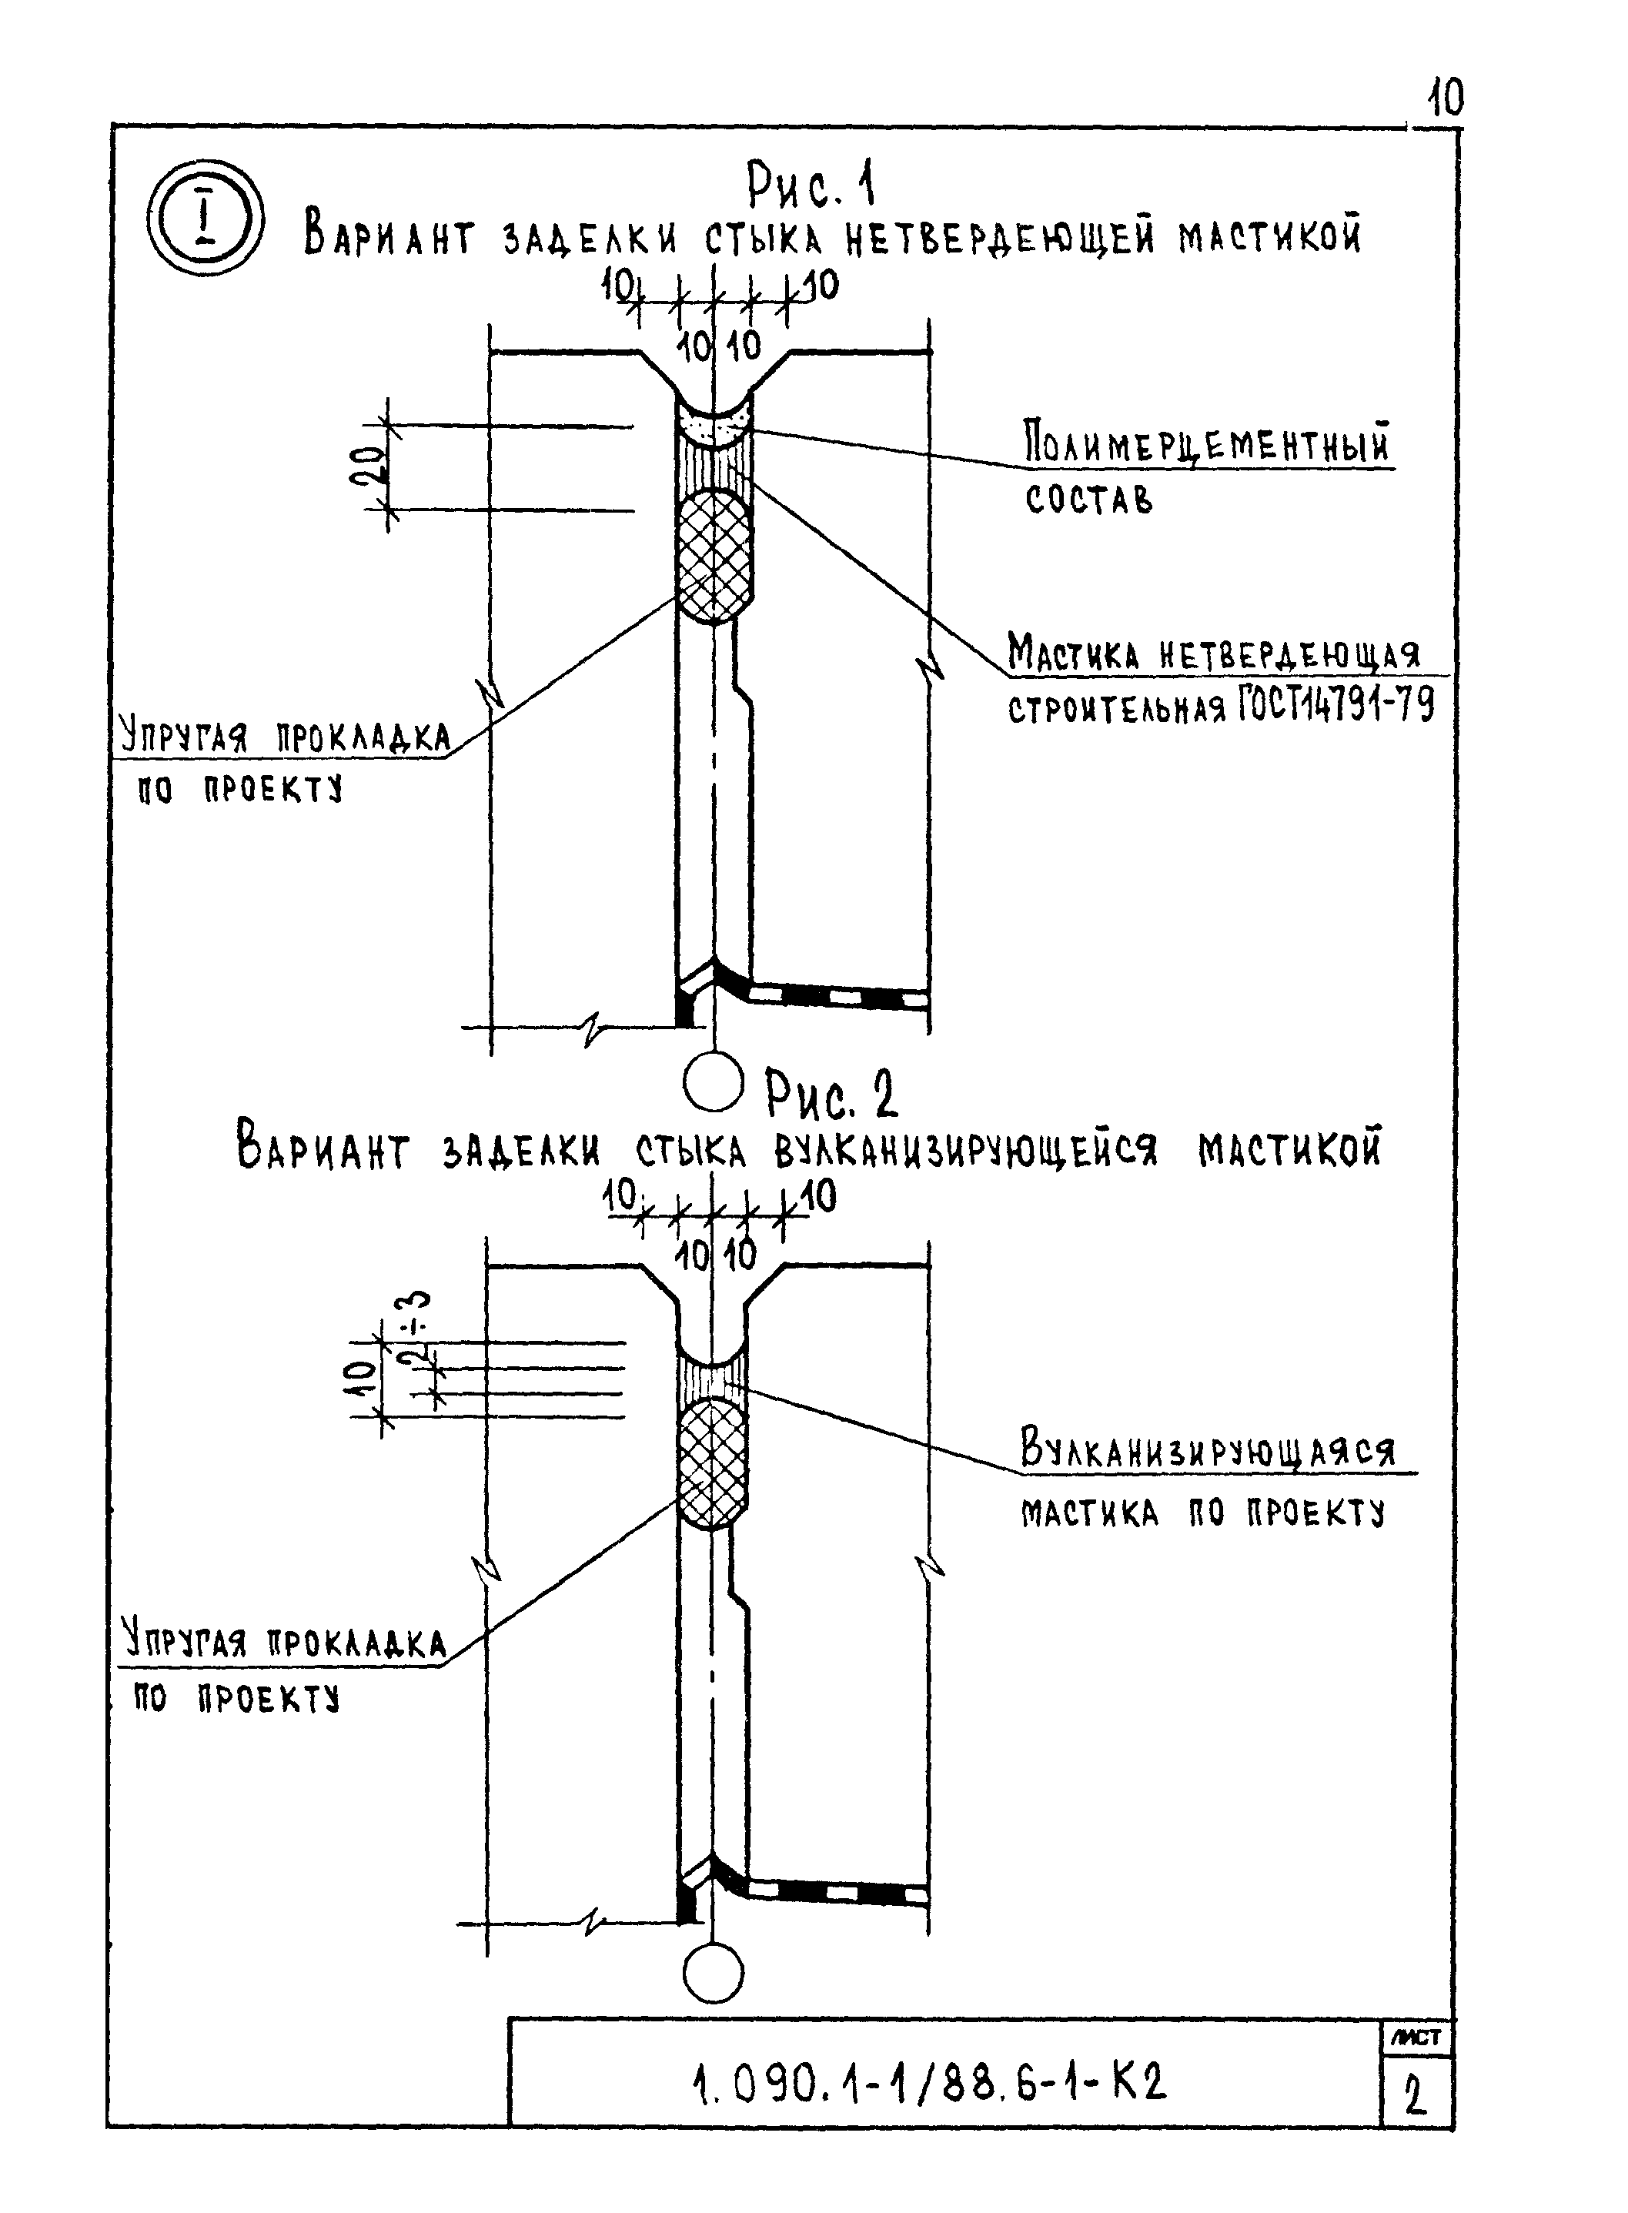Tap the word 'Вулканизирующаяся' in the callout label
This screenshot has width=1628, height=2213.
pyautogui.click(x=1207, y=1449)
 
